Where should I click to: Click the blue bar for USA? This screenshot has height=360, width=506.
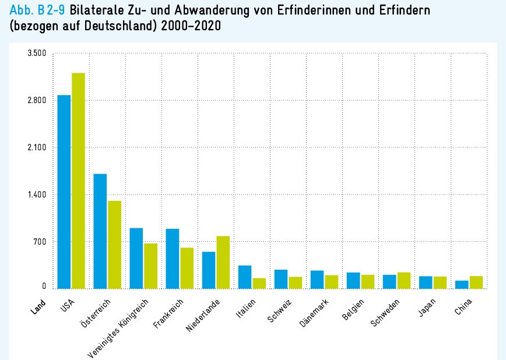point(64,192)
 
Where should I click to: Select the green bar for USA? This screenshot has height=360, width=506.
point(78,181)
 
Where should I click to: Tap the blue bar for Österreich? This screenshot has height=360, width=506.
point(100,231)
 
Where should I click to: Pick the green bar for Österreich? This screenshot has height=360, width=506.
point(114,245)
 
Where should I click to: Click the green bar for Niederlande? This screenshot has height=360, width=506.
point(223,262)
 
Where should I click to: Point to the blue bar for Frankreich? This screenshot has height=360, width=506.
point(173,259)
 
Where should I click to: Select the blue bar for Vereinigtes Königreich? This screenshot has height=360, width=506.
point(136,258)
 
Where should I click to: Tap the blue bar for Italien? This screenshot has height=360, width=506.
point(245,277)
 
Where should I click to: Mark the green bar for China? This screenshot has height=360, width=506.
point(476,282)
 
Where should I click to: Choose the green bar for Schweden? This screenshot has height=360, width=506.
point(403,280)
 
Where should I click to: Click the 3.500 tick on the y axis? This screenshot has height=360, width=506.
point(37,54)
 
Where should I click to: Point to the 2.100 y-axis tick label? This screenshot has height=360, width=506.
point(37,148)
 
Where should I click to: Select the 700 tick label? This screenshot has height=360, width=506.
point(40,242)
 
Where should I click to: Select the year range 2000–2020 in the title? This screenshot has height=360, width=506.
point(188,27)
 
